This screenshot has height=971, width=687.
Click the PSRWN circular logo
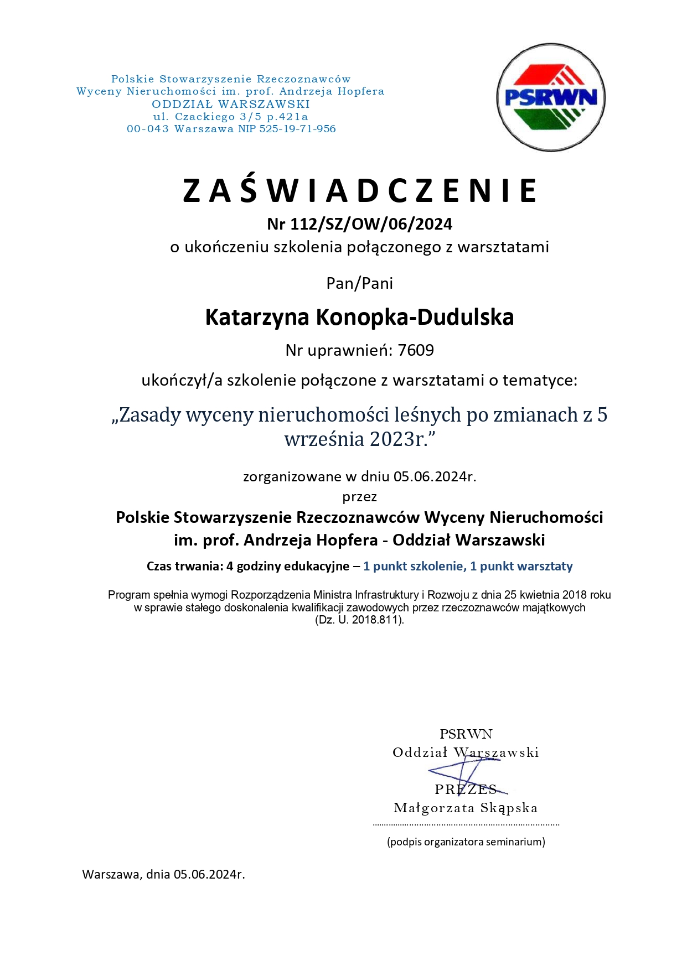tap(550, 97)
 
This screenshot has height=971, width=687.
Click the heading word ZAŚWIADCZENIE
tap(359, 190)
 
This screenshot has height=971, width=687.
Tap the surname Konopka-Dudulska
tap(415, 317)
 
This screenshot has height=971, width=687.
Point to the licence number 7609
tap(416, 350)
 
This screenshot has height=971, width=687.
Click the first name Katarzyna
tap(257, 317)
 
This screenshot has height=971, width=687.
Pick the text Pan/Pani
tap(359, 283)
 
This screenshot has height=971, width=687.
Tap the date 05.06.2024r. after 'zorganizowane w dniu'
tap(435, 476)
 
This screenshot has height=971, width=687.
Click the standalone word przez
tap(359, 497)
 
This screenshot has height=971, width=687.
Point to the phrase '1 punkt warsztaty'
tap(521, 566)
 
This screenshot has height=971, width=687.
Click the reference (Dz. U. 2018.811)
tap(359, 620)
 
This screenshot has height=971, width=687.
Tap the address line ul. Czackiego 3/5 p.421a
tap(230, 116)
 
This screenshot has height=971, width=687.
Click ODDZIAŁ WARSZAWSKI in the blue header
tap(230, 103)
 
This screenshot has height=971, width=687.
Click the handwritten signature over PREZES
tap(465, 772)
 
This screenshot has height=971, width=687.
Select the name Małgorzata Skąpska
tap(465, 808)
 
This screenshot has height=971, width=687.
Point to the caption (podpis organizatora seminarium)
tap(466, 842)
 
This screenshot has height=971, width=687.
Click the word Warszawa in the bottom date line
tap(111, 875)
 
